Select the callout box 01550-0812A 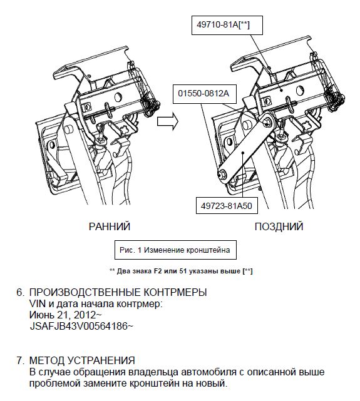(x=204, y=94)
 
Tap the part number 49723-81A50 (x=227, y=206)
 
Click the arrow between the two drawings (x=168, y=121)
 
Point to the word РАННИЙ (x=110, y=226)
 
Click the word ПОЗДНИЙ (x=279, y=226)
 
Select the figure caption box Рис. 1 (x=175, y=250)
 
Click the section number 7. (x=20, y=360)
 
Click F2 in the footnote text (x=158, y=271)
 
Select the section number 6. (x=20, y=292)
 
